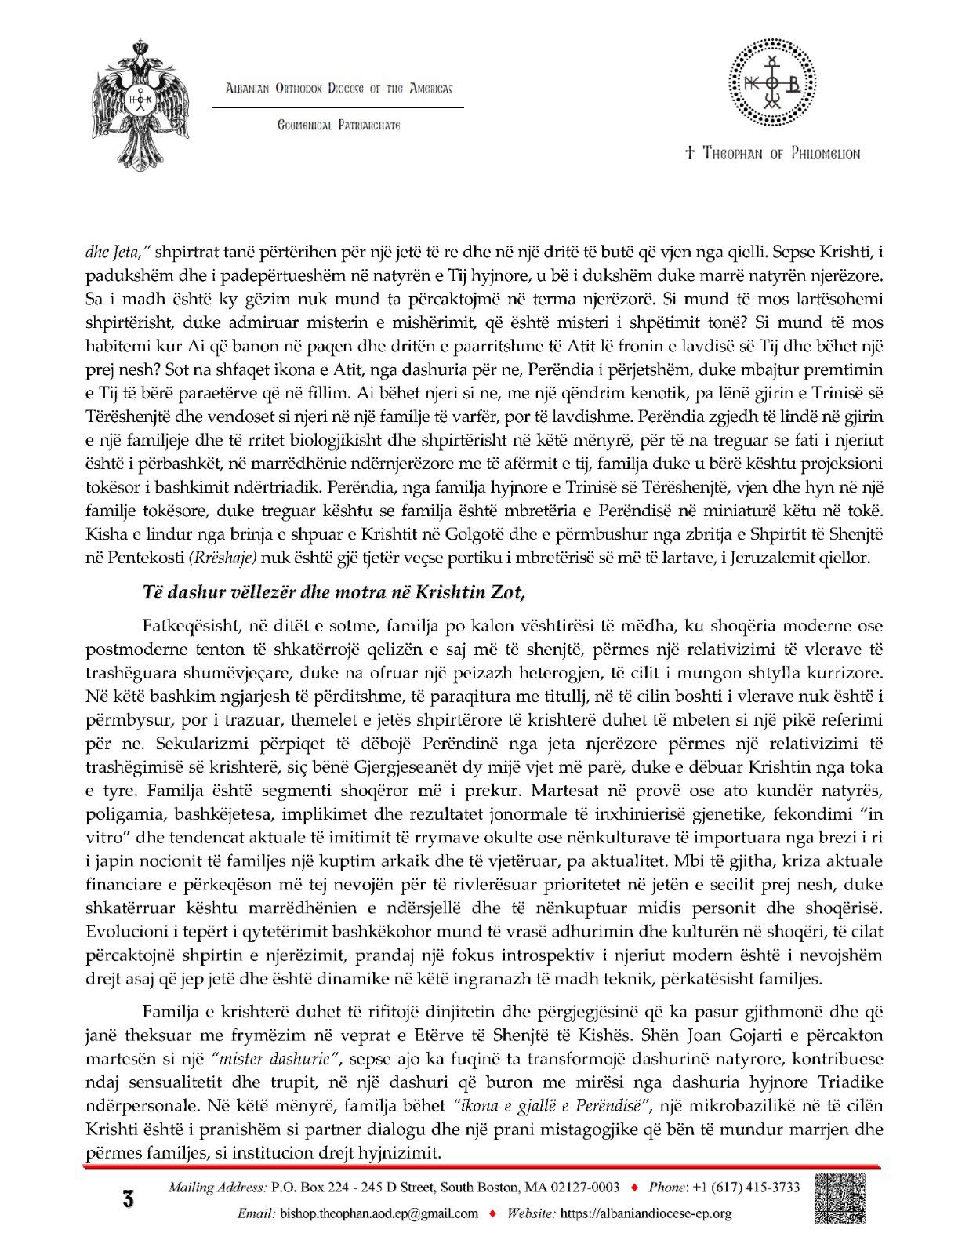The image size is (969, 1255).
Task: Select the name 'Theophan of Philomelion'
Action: pos(772,154)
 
